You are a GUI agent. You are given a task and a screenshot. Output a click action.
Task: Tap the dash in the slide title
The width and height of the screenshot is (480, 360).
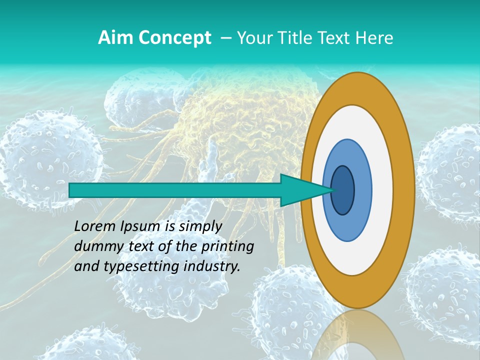pos(225,38)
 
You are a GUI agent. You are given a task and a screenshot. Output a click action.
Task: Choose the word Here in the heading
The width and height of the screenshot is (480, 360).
pos(374,38)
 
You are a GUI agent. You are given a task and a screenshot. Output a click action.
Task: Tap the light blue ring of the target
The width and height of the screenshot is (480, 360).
pos(362,190)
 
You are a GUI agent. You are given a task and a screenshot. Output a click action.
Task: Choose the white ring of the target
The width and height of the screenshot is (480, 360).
pos(382,190)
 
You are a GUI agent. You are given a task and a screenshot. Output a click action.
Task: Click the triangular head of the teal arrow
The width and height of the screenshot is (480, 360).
pos(300,190)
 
